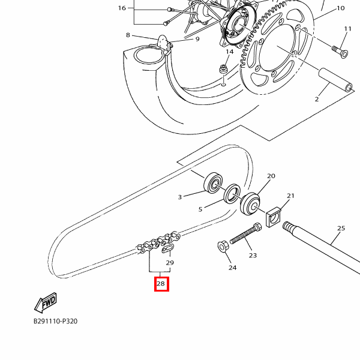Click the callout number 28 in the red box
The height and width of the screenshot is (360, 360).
pyautogui.click(x=161, y=284)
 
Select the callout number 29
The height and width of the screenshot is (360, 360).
pyautogui.click(x=170, y=263)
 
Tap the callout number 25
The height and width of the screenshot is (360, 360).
pyautogui.click(x=341, y=228)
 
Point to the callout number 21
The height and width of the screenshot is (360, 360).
pyautogui.click(x=290, y=196)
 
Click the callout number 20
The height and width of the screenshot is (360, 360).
pyautogui.click(x=271, y=176)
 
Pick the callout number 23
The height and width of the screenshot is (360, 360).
pyautogui.click(x=253, y=255)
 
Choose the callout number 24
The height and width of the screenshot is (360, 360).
pyautogui.click(x=232, y=268)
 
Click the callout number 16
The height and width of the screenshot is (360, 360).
pyautogui.click(x=122, y=8)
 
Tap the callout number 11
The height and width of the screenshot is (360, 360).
pyautogui.click(x=348, y=29)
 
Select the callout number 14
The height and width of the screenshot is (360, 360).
pyautogui.click(x=229, y=52)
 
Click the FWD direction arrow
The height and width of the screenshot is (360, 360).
pyautogui.click(x=46, y=304)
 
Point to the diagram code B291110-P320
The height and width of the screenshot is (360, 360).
pyautogui.click(x=55, y=321)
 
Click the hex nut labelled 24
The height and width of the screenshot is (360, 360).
pyautogui.click(x=221, y=246)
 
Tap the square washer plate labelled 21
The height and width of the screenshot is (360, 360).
pyautogui.click(x=273, y=217)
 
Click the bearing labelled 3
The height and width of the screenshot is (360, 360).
pyautogui.click(x=214, y=182)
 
